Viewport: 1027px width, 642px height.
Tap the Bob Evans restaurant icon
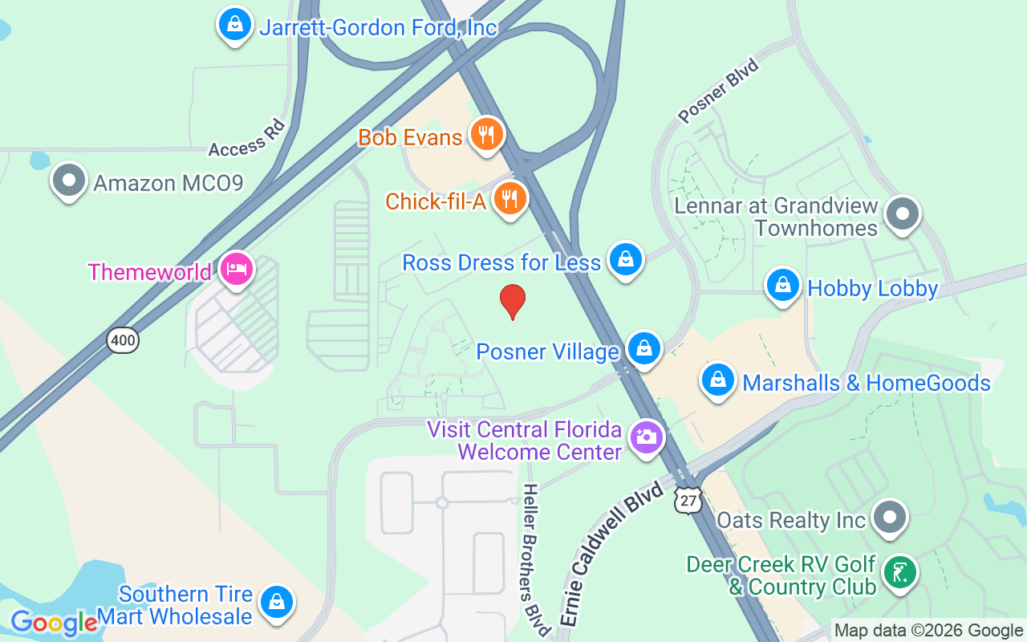[486, 134]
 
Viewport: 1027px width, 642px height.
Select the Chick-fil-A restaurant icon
[509, 198]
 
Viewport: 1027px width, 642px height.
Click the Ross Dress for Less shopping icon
[625, 259]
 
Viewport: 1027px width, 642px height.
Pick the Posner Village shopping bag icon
[643, 348]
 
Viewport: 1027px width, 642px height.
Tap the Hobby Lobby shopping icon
[783, 285]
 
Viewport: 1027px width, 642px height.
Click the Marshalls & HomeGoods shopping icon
[719, 380]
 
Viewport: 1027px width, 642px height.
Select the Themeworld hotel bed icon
[236, 269]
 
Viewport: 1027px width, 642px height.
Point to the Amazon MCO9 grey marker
[69, 181]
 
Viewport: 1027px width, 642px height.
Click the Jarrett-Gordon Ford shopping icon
[235, 24]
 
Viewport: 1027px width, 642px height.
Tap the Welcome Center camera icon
[647, 437]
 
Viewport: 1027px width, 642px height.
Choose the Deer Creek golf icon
[899, 573]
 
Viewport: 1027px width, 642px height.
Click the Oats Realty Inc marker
[889, 518]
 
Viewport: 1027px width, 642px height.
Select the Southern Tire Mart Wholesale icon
[277, 601]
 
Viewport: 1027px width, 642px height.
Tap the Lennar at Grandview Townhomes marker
[903, 213]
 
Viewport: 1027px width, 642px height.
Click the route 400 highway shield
[124, 340]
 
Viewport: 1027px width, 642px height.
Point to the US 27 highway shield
[688, 499]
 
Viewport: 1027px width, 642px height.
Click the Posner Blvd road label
[718, 91]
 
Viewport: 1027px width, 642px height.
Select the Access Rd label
[247, 138]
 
